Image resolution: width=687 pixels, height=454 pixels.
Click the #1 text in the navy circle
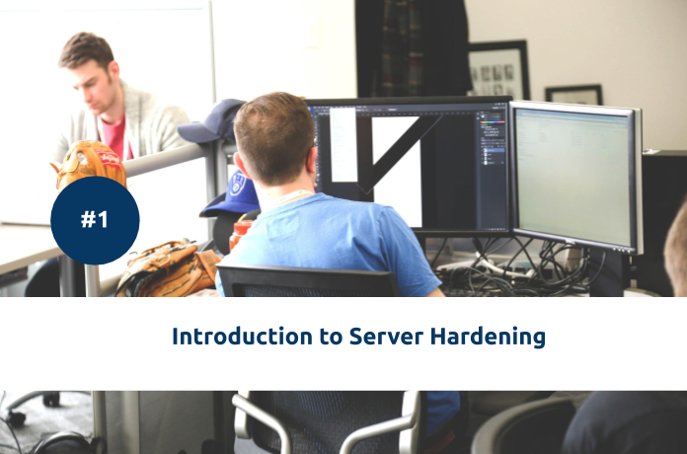tap(95, 220)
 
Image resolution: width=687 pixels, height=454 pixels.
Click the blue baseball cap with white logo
tap(234, 192)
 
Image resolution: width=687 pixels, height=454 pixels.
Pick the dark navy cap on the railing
tap(212, 121)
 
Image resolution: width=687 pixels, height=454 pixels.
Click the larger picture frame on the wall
tap(497, 70)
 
